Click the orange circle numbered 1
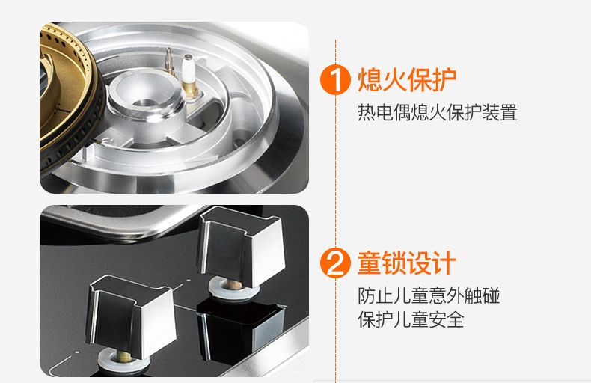[335, 79]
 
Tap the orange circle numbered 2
[335, 263]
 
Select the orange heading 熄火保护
[407, 79]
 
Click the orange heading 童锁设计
[407, 263]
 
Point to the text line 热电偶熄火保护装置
[437, 112]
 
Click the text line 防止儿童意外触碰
[429, 295]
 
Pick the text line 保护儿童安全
[411, 319]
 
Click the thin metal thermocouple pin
[169, 61]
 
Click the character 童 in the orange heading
[370, 263]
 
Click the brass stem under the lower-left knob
[123, 356]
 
